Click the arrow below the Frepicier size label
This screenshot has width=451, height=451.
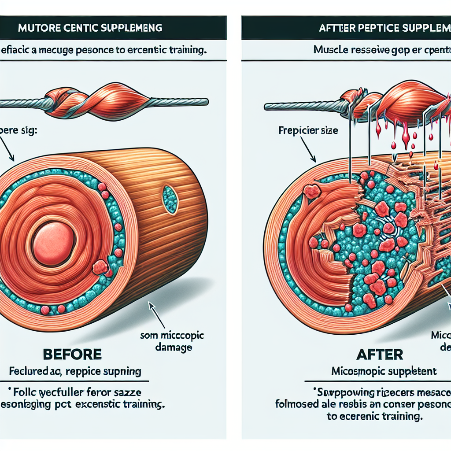coord(308,150)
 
